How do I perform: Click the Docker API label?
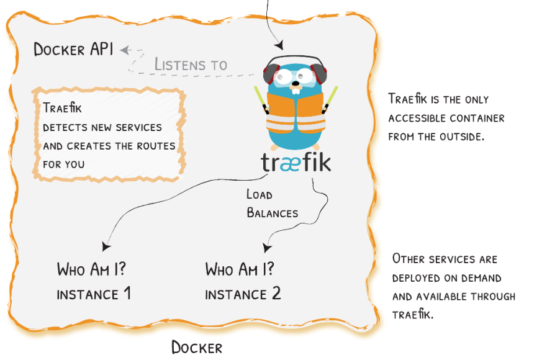coord(73,50)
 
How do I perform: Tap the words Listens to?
coord(191,64)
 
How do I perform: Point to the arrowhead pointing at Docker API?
coord(124,50)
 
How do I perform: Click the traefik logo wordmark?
coord(296,163)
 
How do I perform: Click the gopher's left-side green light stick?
coord(261,100)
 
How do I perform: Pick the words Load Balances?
coord(272,204)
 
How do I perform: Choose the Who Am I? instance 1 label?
coord(94,281)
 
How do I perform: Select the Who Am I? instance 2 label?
coord(243,281)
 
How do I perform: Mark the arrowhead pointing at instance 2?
coord(267,248)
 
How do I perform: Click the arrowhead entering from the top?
coord(279,45)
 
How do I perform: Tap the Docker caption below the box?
coord(196,348)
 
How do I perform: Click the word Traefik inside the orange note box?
coord(63,108)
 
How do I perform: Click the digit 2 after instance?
coord(276,294)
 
